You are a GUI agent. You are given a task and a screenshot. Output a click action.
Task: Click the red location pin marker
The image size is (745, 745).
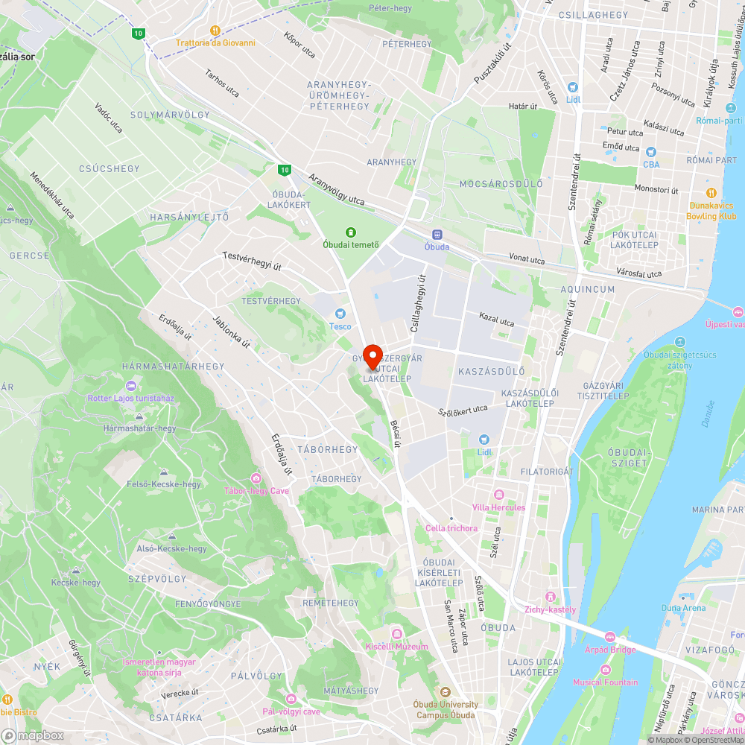pos(372,355)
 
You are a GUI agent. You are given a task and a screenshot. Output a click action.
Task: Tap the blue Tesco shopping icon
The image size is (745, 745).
pos(340,314)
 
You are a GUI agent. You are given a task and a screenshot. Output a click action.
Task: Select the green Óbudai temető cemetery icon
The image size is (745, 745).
pos(351,232)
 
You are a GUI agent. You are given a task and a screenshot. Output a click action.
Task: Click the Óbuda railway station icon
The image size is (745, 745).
pos(437,234)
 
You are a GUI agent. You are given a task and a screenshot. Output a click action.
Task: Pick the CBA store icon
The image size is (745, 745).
pos(651,152)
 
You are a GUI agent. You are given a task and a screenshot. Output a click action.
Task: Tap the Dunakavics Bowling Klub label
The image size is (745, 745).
pos(711,211)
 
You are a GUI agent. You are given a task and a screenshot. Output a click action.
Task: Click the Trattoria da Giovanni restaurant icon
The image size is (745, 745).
pos(215,31)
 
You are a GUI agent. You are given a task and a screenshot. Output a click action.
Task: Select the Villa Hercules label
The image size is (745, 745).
pos(498,507)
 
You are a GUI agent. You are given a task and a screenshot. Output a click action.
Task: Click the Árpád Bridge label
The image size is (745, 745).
pos(610,649)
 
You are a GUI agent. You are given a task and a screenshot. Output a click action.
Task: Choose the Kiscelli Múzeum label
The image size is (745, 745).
pos(397,647)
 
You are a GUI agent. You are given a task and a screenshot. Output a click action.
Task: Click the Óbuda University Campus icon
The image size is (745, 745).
pos(446,692)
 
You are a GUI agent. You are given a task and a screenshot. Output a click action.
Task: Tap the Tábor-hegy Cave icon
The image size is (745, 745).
pos(256,478)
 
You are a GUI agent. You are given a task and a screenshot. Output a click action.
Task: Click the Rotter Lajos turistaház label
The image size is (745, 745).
pos(130,398)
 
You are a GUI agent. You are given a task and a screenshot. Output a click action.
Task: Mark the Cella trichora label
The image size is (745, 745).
pos(451,528)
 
